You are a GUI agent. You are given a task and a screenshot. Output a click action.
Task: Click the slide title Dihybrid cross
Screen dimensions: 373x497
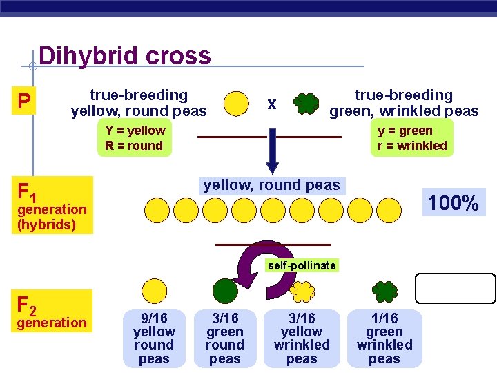[x=125, y=55]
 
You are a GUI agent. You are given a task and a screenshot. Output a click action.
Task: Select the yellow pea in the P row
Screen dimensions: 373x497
[x=237, y=103]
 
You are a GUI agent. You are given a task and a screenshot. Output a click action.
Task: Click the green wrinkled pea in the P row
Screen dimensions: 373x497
[x=306, y=104]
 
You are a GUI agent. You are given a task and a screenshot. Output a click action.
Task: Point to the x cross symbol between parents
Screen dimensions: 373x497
[x=272, y=104]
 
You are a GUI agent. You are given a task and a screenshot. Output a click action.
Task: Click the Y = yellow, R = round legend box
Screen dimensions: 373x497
[x=135, y=138]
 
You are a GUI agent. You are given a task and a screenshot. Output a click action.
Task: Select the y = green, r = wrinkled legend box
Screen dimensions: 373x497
[x=412, y=138]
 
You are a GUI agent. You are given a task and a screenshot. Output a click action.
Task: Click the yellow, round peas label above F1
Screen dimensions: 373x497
[x=272, y=185]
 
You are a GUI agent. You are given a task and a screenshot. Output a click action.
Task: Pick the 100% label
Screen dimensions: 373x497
[x=453, y=203]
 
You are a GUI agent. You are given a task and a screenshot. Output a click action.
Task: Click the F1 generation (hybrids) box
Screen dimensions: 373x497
[x=52, y=205]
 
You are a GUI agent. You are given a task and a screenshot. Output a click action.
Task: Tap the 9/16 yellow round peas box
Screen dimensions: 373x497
[x=154, y=338]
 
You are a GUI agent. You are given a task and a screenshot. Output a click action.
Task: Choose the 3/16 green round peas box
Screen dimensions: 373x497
[x=225, y=338]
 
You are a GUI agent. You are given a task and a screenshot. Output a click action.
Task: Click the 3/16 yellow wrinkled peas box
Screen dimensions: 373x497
[x=302, y=338]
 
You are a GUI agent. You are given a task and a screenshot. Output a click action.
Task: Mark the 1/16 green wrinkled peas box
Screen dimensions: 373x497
[x=384, y=338]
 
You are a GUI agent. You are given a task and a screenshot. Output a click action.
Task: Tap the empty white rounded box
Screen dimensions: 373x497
[x=456, y=288]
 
